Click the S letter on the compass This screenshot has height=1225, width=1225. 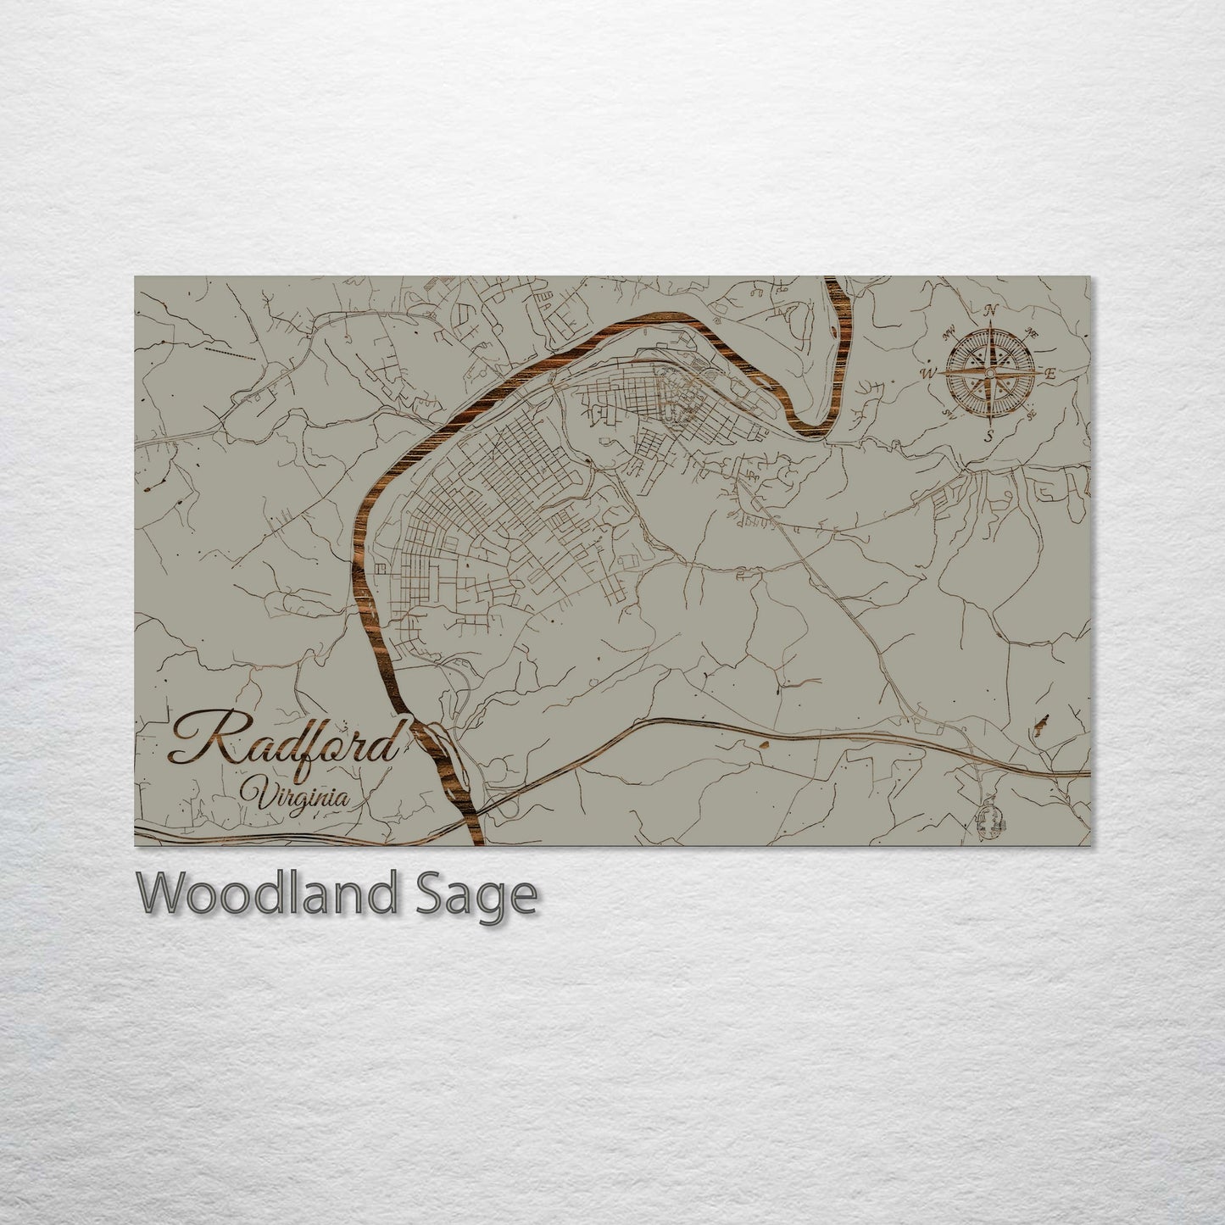(988, 437)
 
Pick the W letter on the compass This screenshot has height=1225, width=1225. (929, 371)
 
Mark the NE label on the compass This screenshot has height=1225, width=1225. (1032, 332)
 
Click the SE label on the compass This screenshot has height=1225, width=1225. (1031, 415)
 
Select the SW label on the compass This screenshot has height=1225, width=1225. (949, 414)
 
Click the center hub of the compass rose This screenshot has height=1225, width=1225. (989, 372)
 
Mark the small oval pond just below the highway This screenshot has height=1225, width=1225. (762, 744)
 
